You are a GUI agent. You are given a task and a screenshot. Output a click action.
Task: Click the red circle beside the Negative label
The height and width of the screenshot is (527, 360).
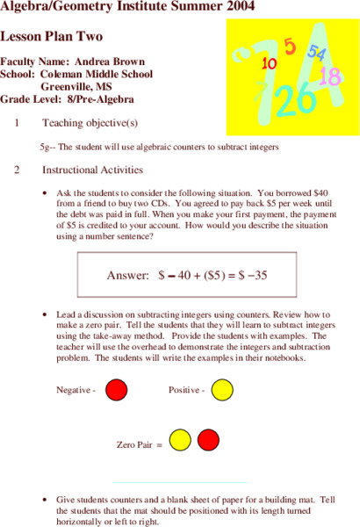(x=115, y=388)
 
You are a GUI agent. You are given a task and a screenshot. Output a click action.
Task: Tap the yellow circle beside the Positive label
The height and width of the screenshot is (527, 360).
(x=222, y=388)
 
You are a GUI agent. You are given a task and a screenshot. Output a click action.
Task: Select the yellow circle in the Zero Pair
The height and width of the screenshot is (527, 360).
(x=180, y=437)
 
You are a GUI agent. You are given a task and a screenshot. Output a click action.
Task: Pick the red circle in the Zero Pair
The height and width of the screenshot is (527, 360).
(x=208, y=437)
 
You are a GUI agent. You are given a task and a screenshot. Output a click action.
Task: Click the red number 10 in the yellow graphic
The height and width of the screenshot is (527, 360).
(x=270, y=63)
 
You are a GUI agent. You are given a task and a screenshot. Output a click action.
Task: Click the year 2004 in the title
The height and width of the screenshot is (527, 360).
(x=233, y=9)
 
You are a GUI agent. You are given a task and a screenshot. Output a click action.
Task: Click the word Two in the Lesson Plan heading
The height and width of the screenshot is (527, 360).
(x=87, y=37)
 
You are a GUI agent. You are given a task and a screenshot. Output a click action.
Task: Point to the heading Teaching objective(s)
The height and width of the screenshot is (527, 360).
(x=89, y=122)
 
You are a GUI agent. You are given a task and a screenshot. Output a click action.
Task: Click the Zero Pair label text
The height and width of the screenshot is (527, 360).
(x=137, y=445)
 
